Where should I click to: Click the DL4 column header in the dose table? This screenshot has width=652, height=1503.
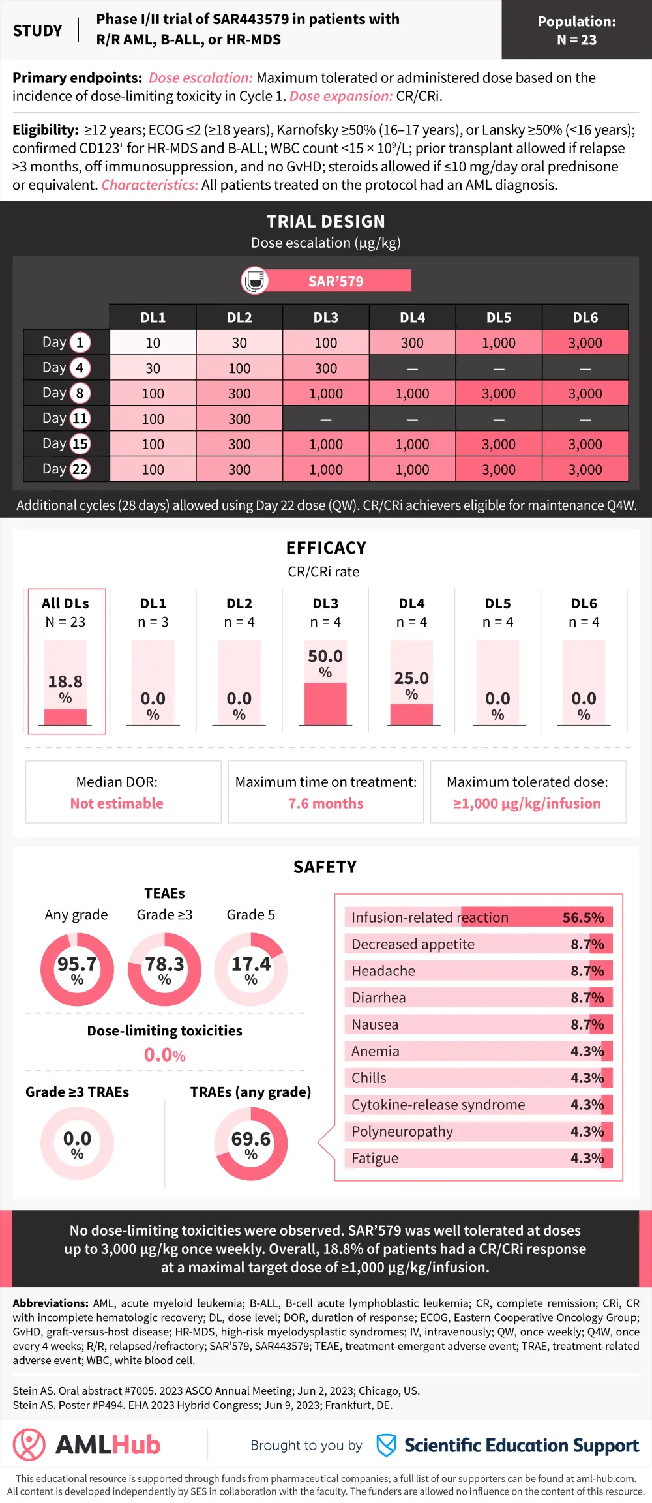pos(412,318)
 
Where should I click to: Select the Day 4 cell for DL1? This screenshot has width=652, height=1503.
pos(153,368)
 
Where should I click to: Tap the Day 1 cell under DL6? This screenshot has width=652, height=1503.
pos(585,343)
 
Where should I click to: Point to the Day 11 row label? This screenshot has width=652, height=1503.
pos(66,419)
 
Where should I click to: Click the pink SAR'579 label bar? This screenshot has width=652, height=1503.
pos(336,281)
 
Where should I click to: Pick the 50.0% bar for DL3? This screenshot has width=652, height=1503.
pos(325,703)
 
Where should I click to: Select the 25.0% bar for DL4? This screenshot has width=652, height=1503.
pos(411,714)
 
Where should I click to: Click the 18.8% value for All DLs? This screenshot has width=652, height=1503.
pos(65,682)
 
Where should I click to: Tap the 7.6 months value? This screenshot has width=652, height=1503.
pos(326,803)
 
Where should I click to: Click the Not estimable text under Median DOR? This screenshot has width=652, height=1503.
pos(117,803)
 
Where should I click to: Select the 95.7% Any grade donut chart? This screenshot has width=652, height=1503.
pos(77,969)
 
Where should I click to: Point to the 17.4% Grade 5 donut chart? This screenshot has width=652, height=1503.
pos(251,969)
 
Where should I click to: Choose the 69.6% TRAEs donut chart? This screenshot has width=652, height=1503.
pos(251,1144)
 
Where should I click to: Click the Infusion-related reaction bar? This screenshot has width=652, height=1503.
pos(478,917)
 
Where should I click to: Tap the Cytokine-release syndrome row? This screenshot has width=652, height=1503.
pos(478,1105)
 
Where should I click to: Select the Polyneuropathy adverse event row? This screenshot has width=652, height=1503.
pos(478,1131)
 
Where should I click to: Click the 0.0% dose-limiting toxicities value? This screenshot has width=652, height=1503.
pos(164,1054)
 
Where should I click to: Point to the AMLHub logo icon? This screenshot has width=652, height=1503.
pos(29,1444)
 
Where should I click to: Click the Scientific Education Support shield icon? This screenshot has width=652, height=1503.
pos(386,1445)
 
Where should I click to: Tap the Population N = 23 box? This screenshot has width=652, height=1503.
pos(576,30)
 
